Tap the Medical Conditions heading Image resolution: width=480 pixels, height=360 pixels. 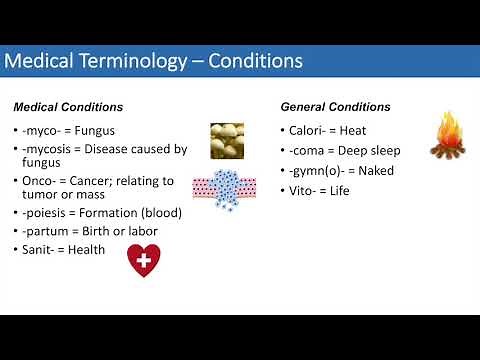68,107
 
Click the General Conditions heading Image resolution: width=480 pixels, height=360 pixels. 335,107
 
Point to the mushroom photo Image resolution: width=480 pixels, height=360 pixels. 227,140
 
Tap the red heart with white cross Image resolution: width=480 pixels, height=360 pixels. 143,260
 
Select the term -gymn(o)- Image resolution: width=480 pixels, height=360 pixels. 315,170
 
